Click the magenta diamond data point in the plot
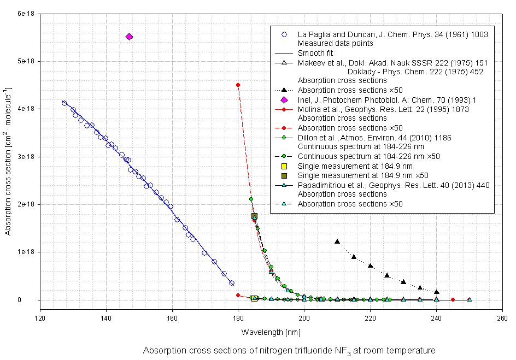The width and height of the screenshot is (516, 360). [129, 37]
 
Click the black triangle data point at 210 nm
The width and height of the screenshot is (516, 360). [337, 241]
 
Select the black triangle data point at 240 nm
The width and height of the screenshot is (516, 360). [437, 292]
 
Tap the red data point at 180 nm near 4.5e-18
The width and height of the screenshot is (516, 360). [238, 85]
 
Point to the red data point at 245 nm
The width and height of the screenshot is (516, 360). [453, 299]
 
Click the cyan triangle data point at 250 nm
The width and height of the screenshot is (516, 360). [470, 299]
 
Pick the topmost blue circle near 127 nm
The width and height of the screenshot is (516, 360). [64, 103]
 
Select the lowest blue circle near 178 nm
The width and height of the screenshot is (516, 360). [232, 283]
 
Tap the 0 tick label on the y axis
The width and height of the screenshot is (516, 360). [33, 300]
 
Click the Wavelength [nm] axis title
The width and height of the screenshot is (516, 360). [263, 332]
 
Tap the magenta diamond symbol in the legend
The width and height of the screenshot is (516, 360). [284, 100]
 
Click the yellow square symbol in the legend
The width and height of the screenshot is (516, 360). [284, 166]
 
